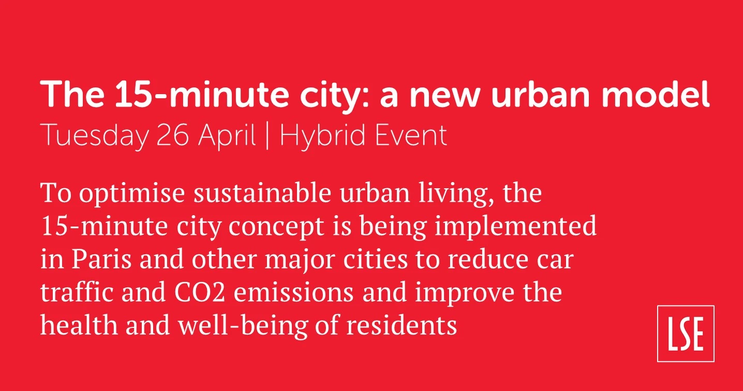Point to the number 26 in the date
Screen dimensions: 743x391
(172, 135)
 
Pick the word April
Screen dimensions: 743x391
(227, 137)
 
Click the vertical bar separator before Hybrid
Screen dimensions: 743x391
(268, 137)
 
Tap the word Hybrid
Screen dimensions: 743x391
(318, 137)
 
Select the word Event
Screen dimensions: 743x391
(405, 135)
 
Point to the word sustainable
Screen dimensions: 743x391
(262, 193)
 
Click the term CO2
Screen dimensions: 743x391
(199, 292)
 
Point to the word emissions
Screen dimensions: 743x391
(293, 292)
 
